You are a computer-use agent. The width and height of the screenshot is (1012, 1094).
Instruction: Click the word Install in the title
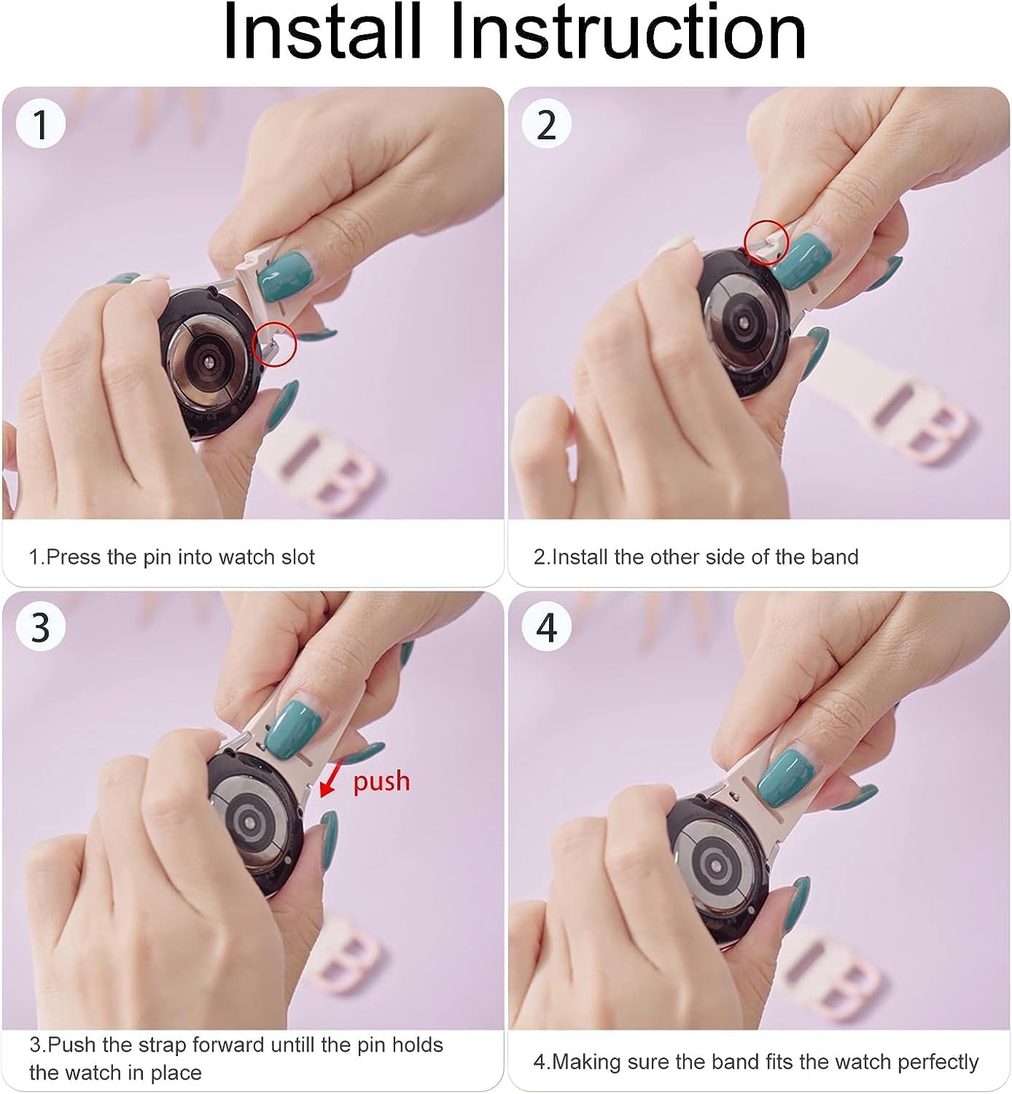322,32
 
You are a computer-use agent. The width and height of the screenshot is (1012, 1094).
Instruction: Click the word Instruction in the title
628,32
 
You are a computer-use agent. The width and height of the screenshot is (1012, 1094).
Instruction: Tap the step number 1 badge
41,124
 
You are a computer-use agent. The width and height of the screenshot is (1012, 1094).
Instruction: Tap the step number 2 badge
547,124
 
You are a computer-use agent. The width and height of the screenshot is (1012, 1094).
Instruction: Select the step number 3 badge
41,627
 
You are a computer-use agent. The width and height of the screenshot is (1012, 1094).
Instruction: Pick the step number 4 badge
547,627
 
